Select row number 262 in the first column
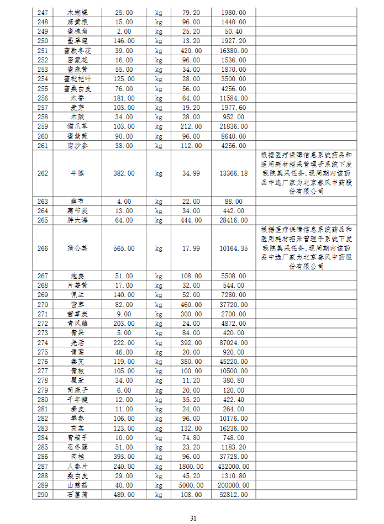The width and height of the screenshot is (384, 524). [x=43, y=173]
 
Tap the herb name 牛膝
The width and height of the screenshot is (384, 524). [x=77, y=173]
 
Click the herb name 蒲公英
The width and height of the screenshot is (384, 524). [x=77, y=248]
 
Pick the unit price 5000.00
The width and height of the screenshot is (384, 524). [x=191, y=485]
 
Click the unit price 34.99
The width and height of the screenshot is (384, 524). [x=191, y=173]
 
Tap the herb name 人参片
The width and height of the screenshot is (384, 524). [x=77, y=466]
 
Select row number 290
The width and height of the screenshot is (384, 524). [x=43, y=494]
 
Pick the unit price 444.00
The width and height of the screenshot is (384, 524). [x=191, y=220]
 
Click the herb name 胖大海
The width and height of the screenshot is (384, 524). [x=77, y=220]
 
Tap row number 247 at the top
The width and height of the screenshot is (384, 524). [x=43, y=12]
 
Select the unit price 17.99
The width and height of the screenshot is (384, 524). [x=191, y=248]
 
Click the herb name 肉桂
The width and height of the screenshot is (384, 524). [x=77, y=457]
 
